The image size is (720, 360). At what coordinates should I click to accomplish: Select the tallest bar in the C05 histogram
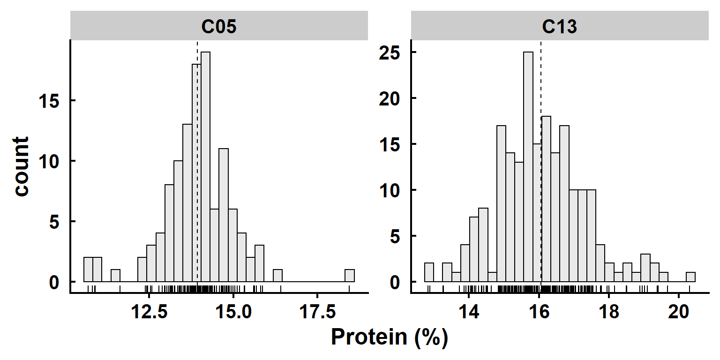pos(205,166)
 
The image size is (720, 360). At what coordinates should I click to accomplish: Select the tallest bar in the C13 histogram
pos(528,166)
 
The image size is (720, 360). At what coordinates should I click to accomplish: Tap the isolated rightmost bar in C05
pos(350,276)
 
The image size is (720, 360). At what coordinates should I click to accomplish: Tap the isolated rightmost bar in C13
pos(690,277)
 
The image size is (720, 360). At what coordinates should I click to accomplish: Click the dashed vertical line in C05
pos(197,141)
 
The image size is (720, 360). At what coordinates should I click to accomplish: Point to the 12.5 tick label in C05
pos(149,312)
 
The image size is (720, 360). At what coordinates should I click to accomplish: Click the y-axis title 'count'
pos(21,166)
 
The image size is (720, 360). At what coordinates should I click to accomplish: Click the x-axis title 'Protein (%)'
pos(390,337)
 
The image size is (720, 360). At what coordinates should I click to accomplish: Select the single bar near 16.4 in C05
pos(277,276)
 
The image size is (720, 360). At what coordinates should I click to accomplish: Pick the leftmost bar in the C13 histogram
pos(429,272)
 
